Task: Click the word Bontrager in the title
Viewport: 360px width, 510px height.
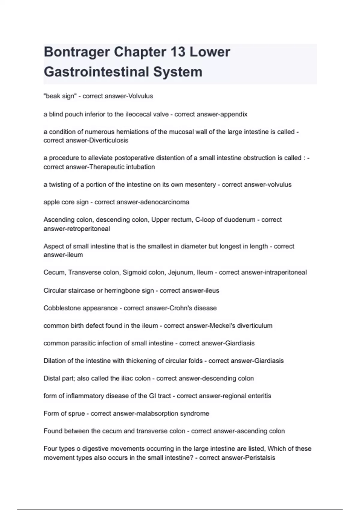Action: click(76, 52)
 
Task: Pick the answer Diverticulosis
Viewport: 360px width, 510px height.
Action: click(109, 140)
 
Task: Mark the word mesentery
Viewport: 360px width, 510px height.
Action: click(200, 184)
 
